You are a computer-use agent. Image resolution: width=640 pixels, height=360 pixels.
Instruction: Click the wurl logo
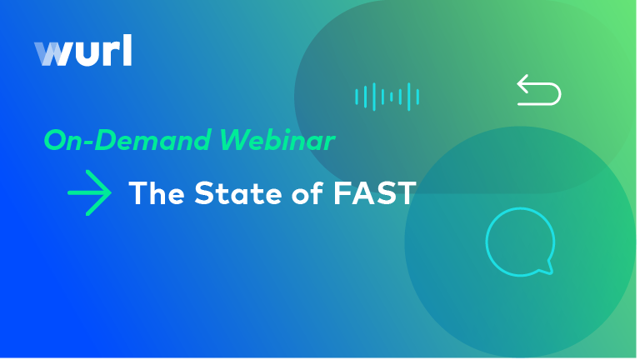[x=82, y=52]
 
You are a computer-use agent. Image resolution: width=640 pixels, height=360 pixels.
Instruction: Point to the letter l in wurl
[x=126, y=51]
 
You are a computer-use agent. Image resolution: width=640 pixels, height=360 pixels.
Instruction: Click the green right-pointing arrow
[x=89, y=194]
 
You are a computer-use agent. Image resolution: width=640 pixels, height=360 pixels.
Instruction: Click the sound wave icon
[x=387, y=97]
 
